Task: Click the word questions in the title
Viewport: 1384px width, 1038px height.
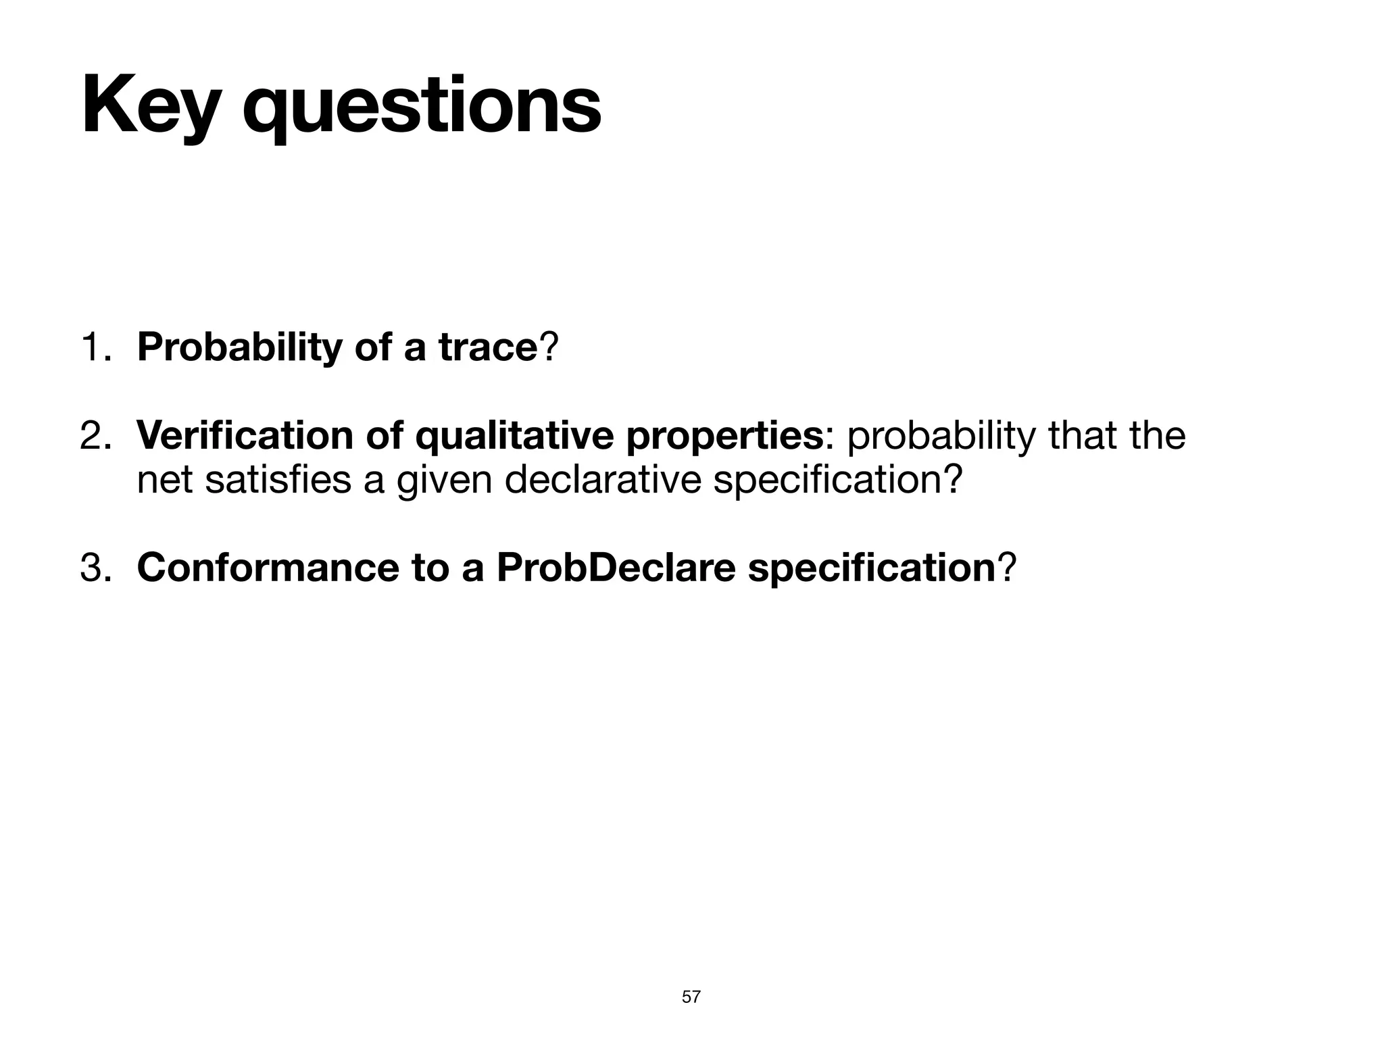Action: [x=422, y=108]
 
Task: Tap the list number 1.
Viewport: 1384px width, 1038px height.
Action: [x=95, y=347]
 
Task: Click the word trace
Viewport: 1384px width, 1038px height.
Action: [x=487, y=347]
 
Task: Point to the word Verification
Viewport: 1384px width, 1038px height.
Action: [x=244, y=436]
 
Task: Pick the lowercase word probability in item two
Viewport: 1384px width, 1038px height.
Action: [x=940, y=436]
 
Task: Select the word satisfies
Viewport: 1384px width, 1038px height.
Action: [x=278, y=481]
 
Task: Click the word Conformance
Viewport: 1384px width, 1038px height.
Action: [x=268, y=568]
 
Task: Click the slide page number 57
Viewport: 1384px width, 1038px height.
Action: [x=691, y=997]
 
